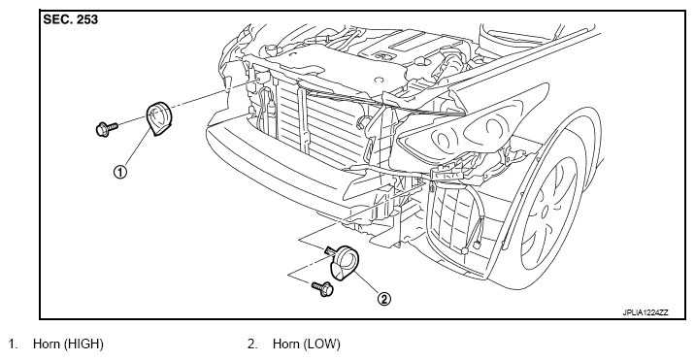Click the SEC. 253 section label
click(x=70, y=19)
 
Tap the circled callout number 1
click(x=120, y=172)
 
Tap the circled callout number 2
click(x=383, y=299)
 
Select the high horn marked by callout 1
click(x=158, y=118)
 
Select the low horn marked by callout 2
click(x=344, y=263)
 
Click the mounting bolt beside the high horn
click(x=107, y=129)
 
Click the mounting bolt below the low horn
click(x=322, y=288)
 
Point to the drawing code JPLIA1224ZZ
click(x=645, y=312)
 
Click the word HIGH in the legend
click(x=83, y=344)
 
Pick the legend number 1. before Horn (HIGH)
click(x=14, y=344)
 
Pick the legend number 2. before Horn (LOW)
click(x=252, y=344)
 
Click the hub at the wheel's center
click(x=545, y=209)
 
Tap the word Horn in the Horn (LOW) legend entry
click(x=285, y=344)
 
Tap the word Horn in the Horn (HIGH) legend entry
click(x=46, y=344)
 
